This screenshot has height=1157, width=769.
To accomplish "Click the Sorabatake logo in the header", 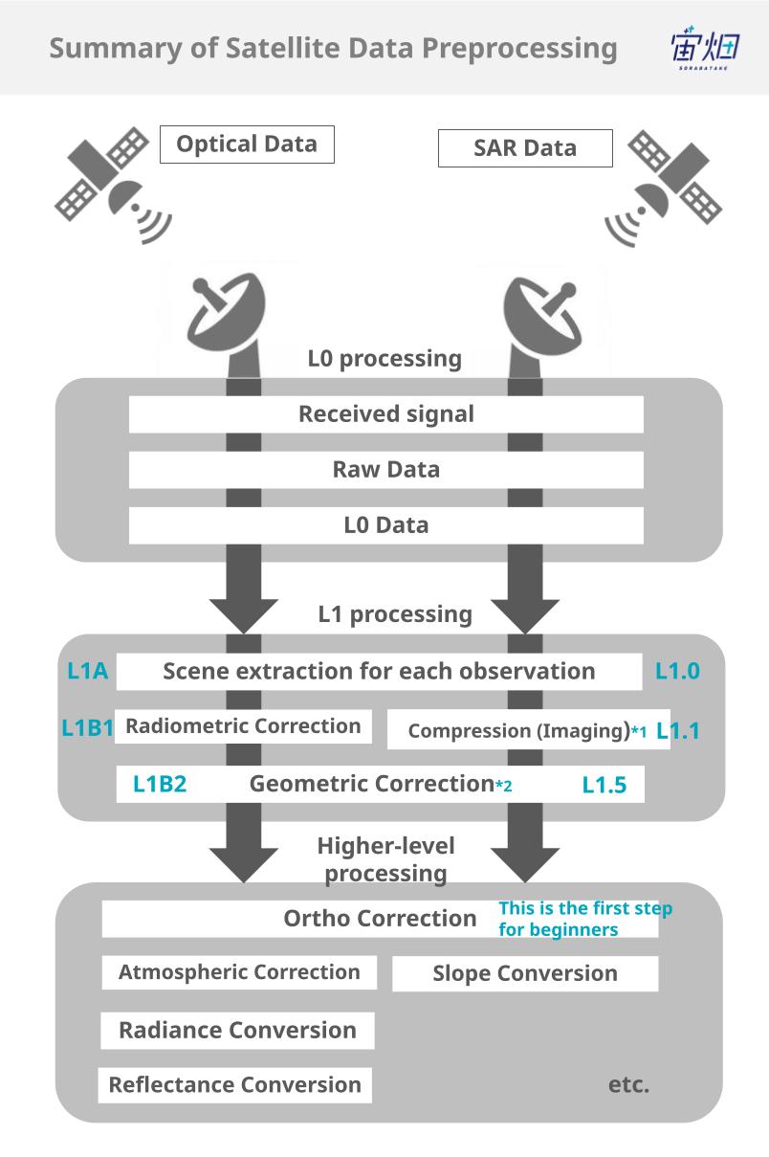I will pos(705,48).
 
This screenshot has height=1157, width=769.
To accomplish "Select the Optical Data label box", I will pos(247,145).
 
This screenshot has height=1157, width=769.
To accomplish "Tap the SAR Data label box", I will pos(525,148).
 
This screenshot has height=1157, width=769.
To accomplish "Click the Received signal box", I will pos(385,414).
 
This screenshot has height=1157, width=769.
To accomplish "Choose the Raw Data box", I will pos(385,470).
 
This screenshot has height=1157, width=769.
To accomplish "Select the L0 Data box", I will pos(385,525).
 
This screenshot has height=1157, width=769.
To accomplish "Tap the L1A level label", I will pos(87,672).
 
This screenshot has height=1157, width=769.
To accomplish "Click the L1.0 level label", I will pos(677,672).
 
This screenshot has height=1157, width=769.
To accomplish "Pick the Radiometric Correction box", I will pos(243,726).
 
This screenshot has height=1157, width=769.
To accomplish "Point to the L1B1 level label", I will pos(87,728).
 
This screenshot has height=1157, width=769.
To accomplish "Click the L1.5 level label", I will pos(604,786).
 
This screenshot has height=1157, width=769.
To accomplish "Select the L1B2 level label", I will pos(160,785).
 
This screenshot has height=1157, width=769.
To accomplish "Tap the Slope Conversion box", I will pos(525,974).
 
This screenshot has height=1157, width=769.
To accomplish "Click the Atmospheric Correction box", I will pos(239,972).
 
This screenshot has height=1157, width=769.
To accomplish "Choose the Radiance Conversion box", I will pos(237,1031).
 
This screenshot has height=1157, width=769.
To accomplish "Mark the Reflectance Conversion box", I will pos(234,1085).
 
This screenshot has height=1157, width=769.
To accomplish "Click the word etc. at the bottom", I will pos(628,1085).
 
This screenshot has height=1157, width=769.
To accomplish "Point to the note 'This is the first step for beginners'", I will pos(584,919).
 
